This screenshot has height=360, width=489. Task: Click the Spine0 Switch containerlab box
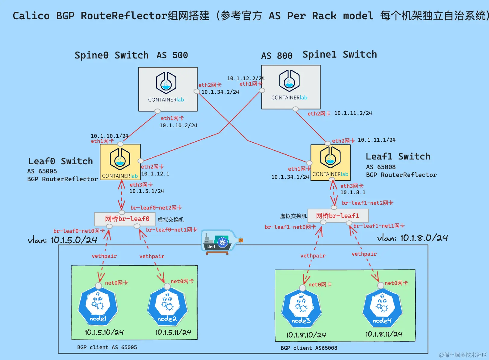point(168,89)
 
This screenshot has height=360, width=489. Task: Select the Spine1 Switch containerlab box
point(291,87)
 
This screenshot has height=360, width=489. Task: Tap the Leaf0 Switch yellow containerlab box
point(120,162)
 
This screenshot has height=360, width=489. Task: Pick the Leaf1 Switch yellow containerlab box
point(330,163)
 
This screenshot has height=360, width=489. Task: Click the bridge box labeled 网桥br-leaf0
point(125,219)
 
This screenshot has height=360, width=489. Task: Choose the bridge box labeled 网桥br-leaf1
point(338,216)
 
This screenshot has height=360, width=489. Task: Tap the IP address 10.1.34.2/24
point(220,92)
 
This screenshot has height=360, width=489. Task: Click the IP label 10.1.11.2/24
point(353,113)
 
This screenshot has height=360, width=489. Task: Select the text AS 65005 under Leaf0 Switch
point(42,171)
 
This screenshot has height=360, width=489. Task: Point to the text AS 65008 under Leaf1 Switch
point(381,167)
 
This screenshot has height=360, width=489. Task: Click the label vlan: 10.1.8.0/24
point(412,238)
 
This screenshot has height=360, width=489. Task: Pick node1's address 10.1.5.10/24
point(104,332)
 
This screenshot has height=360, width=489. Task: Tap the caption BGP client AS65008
point(309,348)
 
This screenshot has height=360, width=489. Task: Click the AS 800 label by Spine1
point(276,56)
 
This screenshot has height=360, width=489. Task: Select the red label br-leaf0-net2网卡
point(156,208)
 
